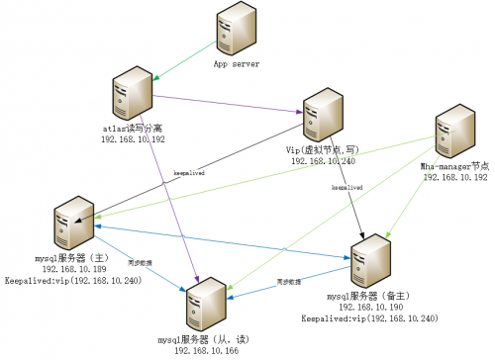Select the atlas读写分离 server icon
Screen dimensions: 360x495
tap(132, 90)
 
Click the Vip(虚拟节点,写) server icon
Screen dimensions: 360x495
tap(324, 116)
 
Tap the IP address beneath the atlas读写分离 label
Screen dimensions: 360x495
tap(134, 139)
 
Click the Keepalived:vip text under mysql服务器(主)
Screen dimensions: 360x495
tap(74, 280)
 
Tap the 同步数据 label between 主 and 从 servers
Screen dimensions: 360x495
tap(138, 263)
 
